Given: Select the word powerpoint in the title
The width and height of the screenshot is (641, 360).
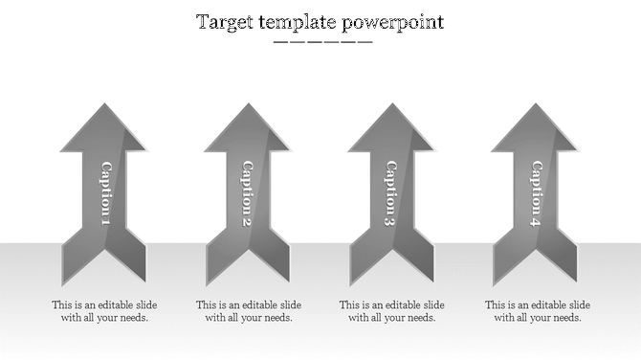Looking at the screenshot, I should (393, 22).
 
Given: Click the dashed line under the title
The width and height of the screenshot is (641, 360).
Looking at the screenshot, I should (322, 42).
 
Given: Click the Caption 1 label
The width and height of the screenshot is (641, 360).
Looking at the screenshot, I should (104, 194).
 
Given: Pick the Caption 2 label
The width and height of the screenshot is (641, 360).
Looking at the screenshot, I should (247, 194).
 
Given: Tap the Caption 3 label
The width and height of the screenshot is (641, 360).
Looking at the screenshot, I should (390, 194).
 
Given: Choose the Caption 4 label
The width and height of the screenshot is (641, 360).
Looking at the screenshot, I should (535, 194).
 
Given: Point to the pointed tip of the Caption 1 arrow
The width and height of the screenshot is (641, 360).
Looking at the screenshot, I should (103, 106).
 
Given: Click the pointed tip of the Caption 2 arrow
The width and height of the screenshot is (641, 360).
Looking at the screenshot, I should (247, 106).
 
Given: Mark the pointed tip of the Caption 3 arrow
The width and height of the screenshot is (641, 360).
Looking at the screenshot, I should (390, 106).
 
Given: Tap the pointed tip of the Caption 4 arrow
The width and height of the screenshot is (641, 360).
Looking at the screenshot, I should (534, 106).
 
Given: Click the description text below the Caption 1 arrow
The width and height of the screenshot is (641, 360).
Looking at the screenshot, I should (104, 311).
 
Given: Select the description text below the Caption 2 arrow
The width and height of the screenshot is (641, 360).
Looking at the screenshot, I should (248, 311).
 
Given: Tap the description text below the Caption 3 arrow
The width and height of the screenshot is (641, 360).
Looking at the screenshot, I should (391, 311).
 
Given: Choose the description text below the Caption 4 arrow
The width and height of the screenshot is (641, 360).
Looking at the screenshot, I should (537, 311).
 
